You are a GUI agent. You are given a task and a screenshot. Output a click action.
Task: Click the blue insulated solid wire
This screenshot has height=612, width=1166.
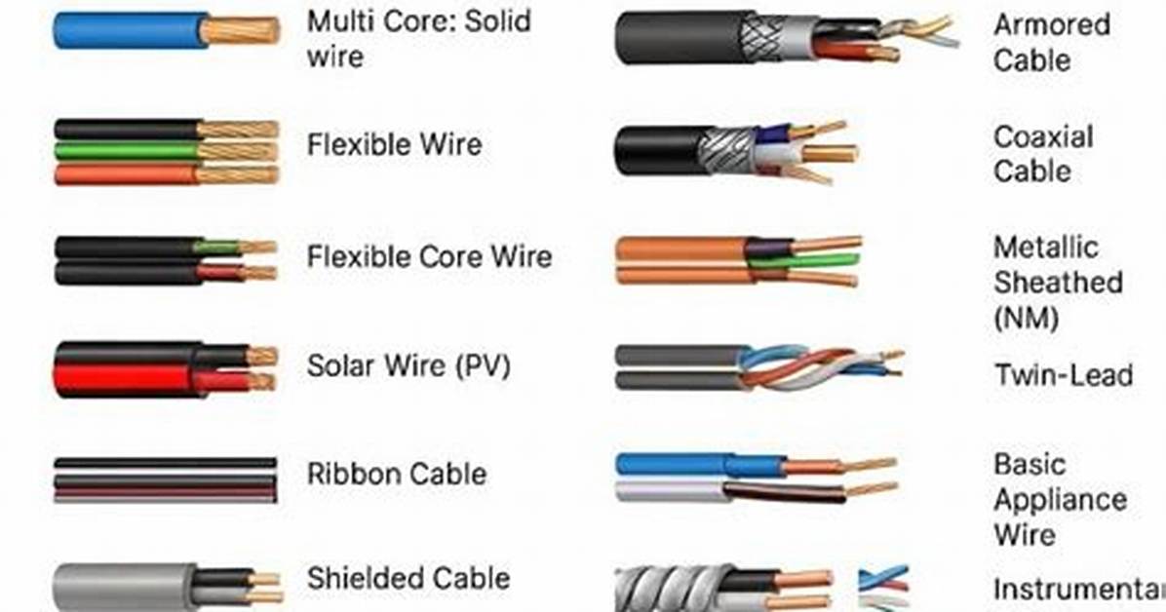[x=130, y=30]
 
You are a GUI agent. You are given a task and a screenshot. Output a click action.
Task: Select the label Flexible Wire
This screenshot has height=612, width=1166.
[x=394, y=144]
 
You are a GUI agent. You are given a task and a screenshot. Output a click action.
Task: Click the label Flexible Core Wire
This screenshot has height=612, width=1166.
[x=429, y=256]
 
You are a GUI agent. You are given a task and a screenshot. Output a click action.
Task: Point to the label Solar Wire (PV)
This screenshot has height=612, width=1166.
[x=408, y=365]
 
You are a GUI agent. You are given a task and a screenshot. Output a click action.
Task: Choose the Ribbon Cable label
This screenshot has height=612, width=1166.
[x=397, y=474]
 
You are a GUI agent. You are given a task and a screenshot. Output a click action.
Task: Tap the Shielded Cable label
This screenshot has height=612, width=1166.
[x=408, y=578]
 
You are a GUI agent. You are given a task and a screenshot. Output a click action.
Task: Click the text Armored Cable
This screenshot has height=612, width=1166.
[x=1052, y=42]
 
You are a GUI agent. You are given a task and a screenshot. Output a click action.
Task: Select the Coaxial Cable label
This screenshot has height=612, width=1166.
[x=1042, y=154]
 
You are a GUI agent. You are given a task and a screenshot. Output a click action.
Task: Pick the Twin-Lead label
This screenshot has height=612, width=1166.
[x=1065, y=375]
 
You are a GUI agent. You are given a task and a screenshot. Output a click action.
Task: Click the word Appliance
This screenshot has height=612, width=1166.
[x=1060, y=500]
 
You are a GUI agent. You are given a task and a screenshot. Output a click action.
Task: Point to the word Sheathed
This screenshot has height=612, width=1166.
[x=1058, y=283]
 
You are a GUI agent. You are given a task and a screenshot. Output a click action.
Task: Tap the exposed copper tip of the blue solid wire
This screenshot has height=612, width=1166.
[x=240, y=30]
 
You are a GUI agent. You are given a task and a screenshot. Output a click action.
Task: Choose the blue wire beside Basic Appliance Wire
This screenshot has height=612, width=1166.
[x=699, y=466]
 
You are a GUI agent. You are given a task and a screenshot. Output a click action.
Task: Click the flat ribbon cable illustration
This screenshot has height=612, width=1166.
[x=165, y=479]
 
